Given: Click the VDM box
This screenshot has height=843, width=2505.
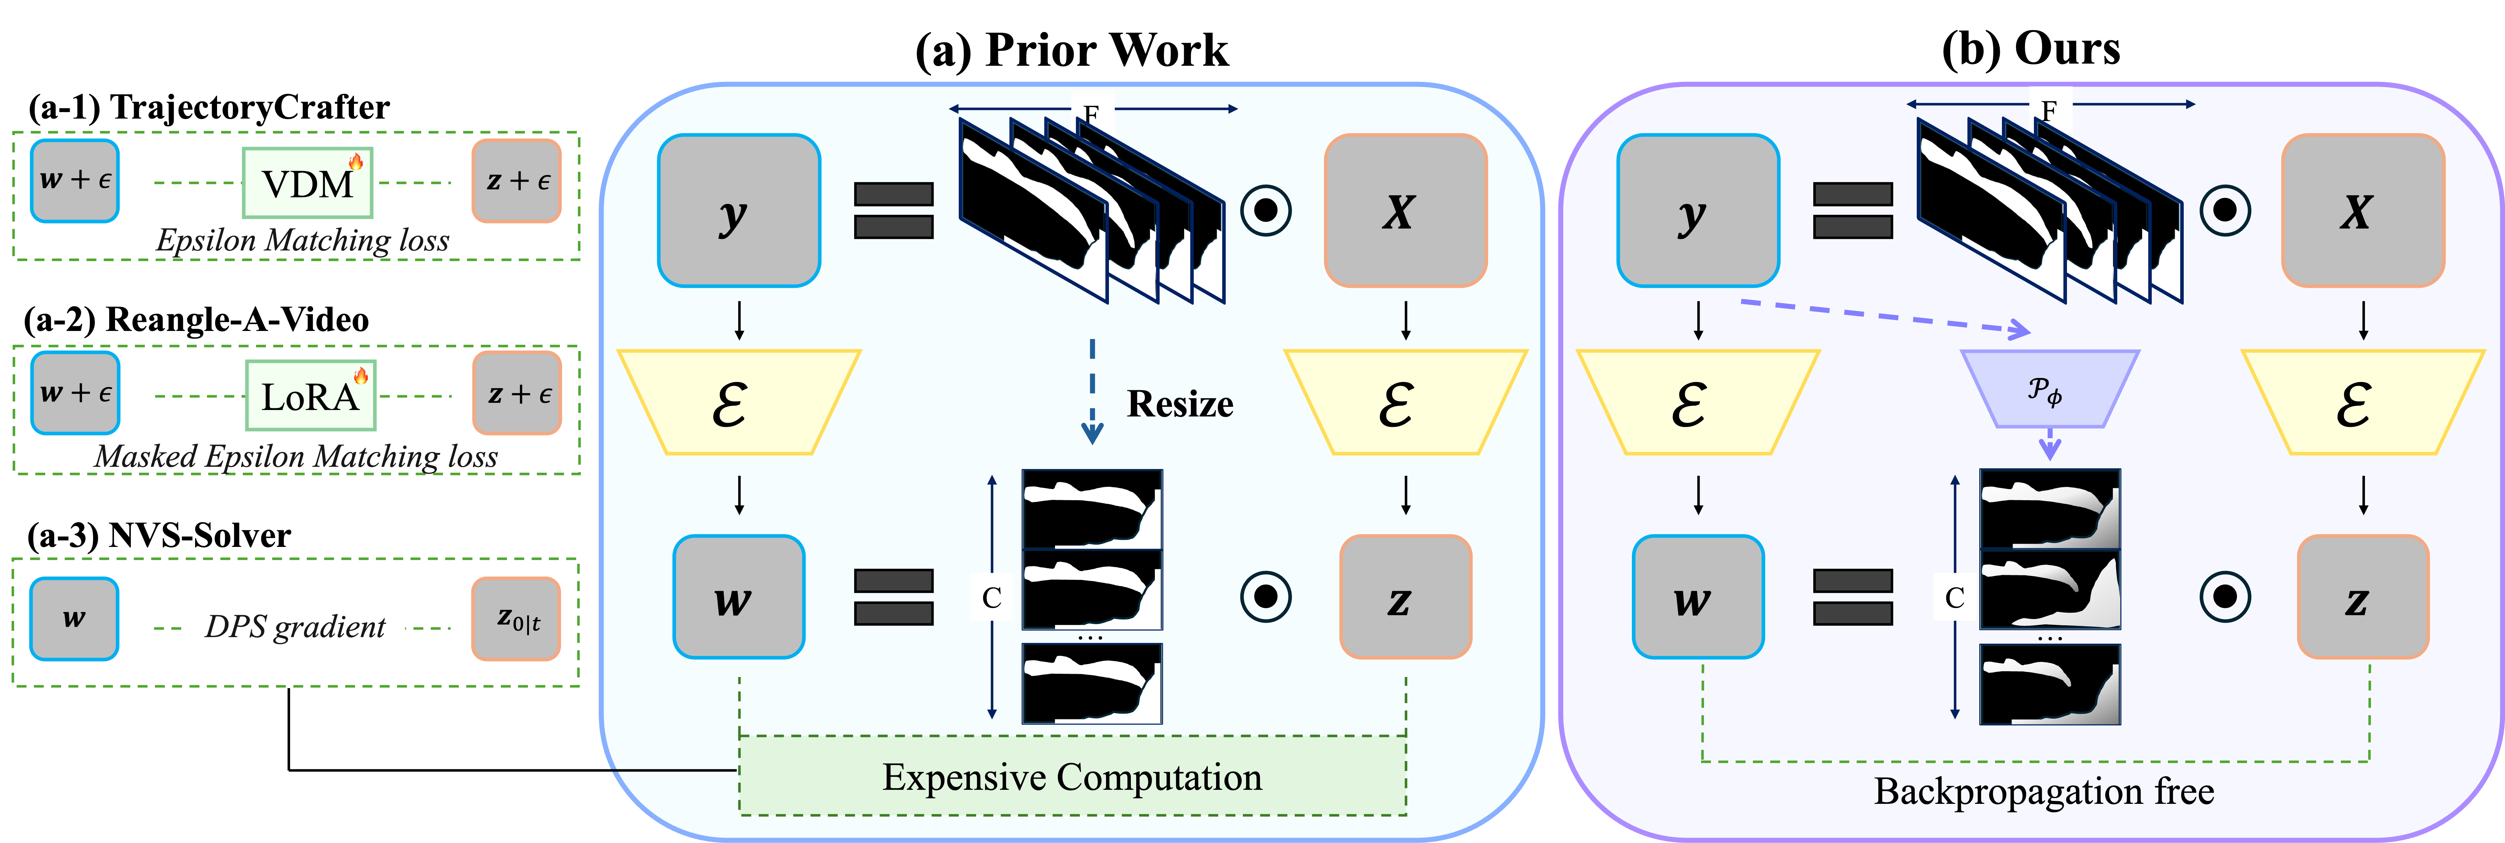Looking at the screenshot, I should pyautogui.click(x=307, y=183).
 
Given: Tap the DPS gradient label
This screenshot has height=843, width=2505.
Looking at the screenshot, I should pyautogui.click(x=295, y=625).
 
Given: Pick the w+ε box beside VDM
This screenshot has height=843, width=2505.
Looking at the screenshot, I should pyautogui.click(x=75, y=181).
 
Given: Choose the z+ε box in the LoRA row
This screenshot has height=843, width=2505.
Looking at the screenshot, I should pyautogui.click(x=517, y=393).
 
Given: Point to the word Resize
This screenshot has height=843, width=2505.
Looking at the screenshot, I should pyautogui.click(x=1180, y=404).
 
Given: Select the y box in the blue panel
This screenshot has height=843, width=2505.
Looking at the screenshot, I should pyautogui.click(x=739, y=211).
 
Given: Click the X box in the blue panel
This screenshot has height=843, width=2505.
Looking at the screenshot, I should pyautogui.click(x=1405, y=211).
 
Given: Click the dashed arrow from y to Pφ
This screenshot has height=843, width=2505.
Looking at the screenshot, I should pyautogui.click(x=1887, y=317).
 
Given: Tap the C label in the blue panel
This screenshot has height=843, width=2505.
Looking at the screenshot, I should pyautogui.click(x=992, y=597).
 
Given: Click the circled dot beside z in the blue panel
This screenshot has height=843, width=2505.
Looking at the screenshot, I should pyautogui.click(x=1266, y=596).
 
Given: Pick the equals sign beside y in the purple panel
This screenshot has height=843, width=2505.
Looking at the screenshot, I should pyautogui.click(x=1852, y=210).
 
